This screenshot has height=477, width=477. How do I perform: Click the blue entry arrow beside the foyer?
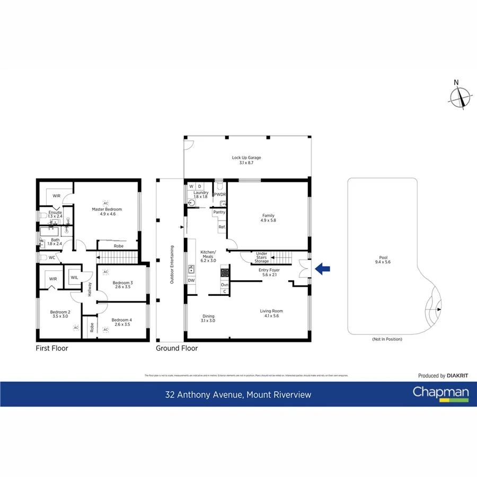click(322, 269)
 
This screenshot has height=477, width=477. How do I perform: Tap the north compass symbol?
click(459, 97)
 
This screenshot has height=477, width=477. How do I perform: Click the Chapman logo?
click(441, 394)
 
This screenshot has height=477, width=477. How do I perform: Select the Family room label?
click(268, 218)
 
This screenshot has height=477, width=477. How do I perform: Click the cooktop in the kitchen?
click(225, 273)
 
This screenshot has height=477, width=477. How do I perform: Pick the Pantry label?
click(219, 212)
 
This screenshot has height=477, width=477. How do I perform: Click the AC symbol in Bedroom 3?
click(105, 272)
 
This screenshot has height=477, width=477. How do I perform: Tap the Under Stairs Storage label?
click(262, 257)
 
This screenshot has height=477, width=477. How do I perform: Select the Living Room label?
click(271, 313)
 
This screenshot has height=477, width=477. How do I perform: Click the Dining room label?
click(208, 319)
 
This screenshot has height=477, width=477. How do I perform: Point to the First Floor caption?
click(51, 348)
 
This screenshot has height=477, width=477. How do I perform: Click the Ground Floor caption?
click(176, 348)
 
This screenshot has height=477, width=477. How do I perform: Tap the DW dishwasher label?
click(191, 280)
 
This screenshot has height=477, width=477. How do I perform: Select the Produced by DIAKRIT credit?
click(443, 376)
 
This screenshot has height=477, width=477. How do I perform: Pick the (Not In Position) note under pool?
click(387, 339)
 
